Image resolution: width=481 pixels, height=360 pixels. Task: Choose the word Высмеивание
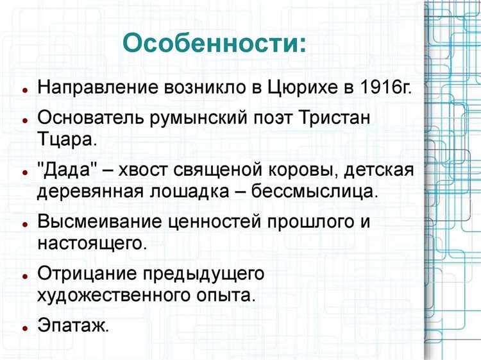(x=101, y=223)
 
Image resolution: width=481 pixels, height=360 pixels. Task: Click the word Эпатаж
(x=73, y=325)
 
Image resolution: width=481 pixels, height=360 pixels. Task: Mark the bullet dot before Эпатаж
(x=24, y=327)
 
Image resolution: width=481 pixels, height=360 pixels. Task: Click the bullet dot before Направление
(x=24, y=89)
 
